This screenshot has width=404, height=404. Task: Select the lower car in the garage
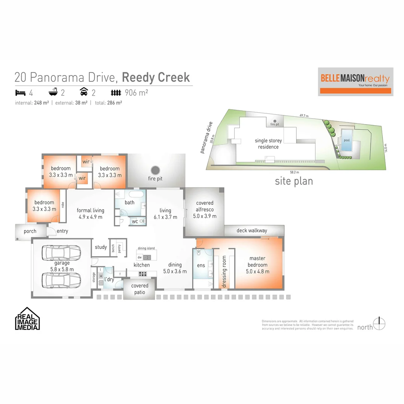tap(61, 280)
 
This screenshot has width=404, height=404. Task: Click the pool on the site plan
tap(346, 141)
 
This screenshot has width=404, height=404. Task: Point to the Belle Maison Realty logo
tap(355, 81)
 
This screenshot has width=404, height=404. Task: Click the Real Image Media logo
tap(27, 319)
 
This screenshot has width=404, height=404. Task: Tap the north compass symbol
tap(380, 324)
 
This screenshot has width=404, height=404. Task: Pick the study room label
tap(101, 247)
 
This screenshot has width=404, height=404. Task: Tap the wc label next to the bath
tap(134, 221)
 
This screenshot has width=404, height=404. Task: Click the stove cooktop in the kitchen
tap(143, 274)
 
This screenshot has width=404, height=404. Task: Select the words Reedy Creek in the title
tap(156, 77)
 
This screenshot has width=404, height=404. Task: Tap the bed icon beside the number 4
tap(19, 92)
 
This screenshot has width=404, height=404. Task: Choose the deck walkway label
tap(252, 230)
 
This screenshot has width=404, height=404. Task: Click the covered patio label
tap(140, 289)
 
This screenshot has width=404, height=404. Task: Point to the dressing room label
tap(224, 271)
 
